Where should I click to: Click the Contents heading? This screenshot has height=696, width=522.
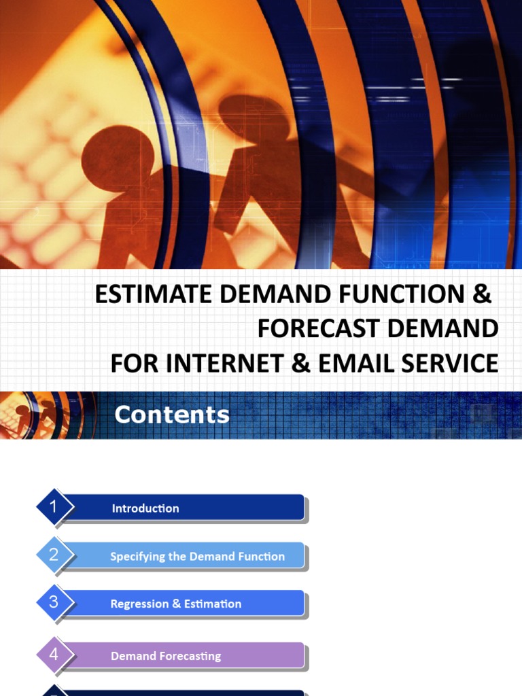(172, 415)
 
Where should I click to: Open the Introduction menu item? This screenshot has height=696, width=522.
(145, 508)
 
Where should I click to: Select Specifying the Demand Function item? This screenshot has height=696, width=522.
(197, 557)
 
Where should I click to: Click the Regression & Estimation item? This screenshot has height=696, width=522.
(175, 604)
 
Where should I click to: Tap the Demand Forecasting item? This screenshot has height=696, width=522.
(166, 657)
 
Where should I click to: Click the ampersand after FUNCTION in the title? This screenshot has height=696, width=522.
(481, 294)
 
